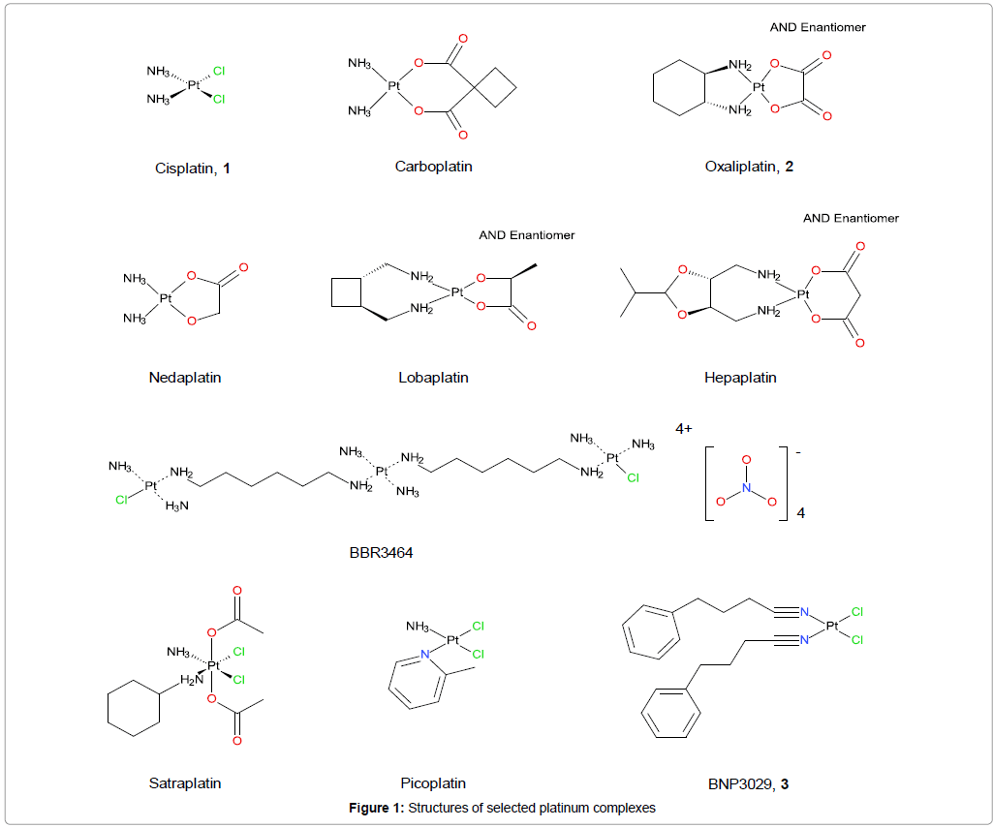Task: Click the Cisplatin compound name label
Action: [193, 168]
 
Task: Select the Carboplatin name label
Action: [433, 166]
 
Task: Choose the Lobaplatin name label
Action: [433, 377]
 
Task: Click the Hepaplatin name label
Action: [740, 377]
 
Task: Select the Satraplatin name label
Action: [185, 782]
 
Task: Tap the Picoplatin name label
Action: [433, 782]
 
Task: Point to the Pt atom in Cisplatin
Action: [193, 85]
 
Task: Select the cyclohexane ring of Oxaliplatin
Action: [678, 88]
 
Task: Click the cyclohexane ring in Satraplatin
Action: [131, 713]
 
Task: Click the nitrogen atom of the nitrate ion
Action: [746, 488]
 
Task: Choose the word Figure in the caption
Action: [373, 808]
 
